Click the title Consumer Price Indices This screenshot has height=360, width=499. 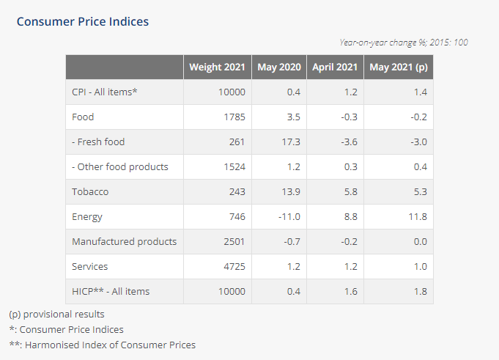[x=83, y=21]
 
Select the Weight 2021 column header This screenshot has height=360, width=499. [x=218, y=67]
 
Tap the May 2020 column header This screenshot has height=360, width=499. [x=278, y=67]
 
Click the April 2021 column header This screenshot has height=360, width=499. [x=335, y=67]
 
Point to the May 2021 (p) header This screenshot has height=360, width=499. [x=399, y=67]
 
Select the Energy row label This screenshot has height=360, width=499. [x=87, y=217]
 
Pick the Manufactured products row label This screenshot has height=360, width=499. [x=124, y=242]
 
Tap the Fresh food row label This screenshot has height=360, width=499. [x=103, y=142]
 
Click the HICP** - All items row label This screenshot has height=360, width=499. [x=111, y=292]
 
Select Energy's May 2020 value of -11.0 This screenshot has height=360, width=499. [x=289, y=217]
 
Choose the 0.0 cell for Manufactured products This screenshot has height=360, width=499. [x=420, y=242]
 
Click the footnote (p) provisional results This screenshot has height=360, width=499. [x=56, y=315]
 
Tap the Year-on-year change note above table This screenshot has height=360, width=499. [x=404, y=43]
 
